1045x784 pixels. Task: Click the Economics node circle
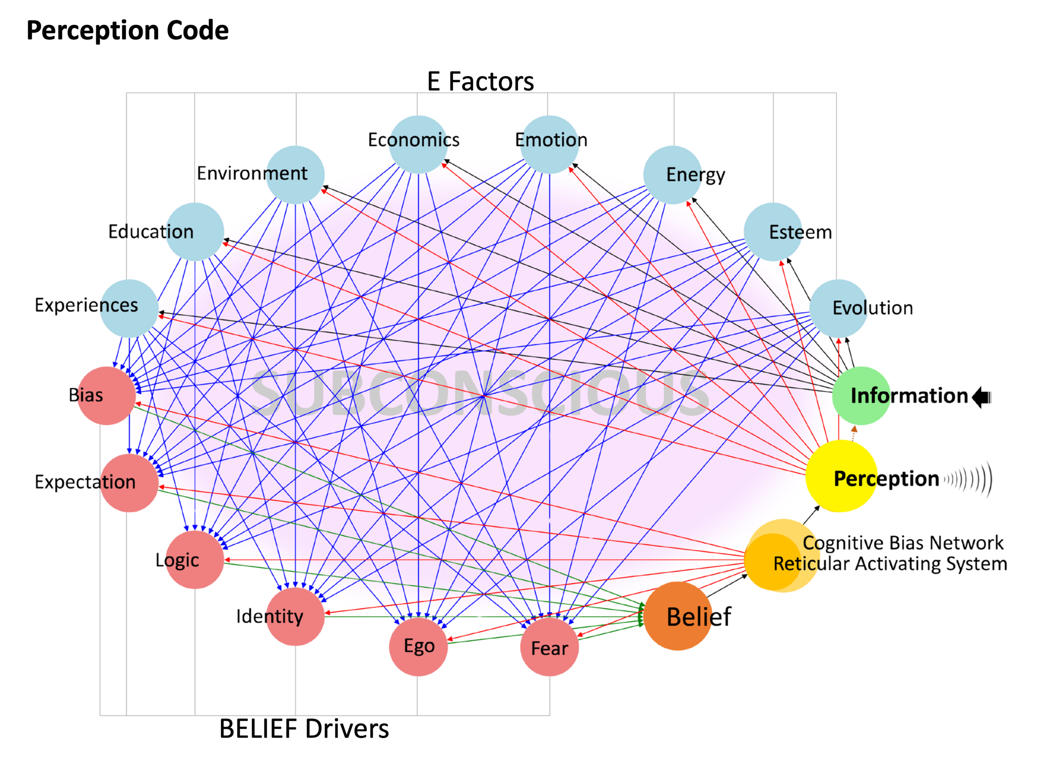pos(418,144)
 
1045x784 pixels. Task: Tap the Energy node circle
pos(673,174)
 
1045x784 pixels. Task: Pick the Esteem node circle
pos(773,232)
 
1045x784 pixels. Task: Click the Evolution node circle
pos(839,308)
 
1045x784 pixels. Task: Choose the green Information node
pos(861,396)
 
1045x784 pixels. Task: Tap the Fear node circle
pos(549,647)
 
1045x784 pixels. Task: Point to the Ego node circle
pos(418,646)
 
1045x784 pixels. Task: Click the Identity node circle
pos(295,617)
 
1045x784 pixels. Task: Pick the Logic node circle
pos(195,560)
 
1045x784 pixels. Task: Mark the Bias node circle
pos(107,395)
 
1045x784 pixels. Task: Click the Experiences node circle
pos(130,308)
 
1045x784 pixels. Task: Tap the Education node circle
pos(195,232)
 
